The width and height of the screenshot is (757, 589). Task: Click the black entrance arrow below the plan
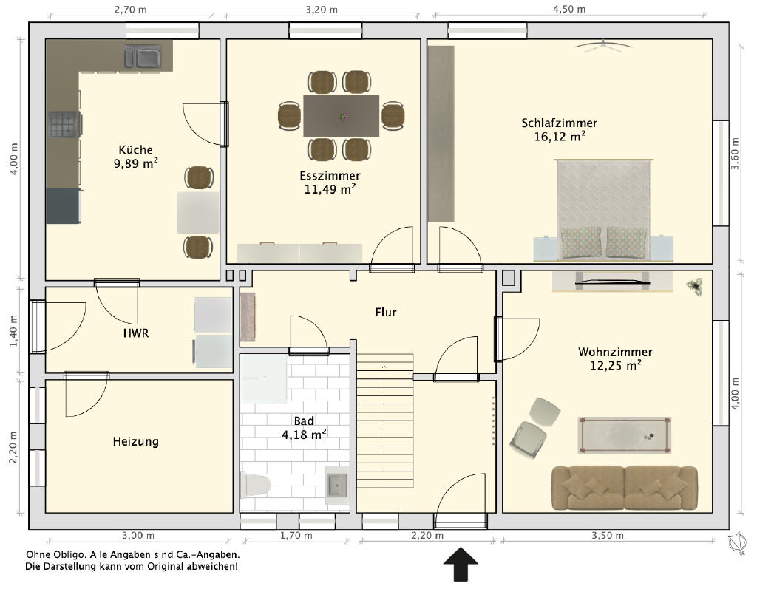[461, 564]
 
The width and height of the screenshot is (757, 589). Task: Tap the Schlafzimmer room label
[559, 123]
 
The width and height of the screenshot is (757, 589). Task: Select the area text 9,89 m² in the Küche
[136, 163]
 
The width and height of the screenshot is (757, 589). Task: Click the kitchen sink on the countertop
[143, 57]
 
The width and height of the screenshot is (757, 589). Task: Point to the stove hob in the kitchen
[63, 124]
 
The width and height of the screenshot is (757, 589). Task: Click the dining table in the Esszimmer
[342, 116]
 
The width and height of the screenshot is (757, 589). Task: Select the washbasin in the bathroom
[336, 485]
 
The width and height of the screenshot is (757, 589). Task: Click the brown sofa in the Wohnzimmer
[624, 488]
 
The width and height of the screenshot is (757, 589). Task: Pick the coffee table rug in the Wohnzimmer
[624, 435]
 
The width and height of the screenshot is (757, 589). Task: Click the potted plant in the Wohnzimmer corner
[694, 287]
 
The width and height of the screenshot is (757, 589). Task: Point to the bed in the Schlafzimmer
[603, 210]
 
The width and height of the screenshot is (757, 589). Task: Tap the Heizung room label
[136, 441]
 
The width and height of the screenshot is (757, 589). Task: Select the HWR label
[136, 333]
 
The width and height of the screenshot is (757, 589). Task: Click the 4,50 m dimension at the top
[569, 9]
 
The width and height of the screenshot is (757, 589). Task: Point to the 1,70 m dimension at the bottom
[296, 535]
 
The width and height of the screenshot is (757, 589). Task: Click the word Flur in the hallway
[386, 313]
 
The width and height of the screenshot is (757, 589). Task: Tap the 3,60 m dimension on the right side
[735, 154]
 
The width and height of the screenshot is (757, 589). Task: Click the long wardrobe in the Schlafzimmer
[441, 134]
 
